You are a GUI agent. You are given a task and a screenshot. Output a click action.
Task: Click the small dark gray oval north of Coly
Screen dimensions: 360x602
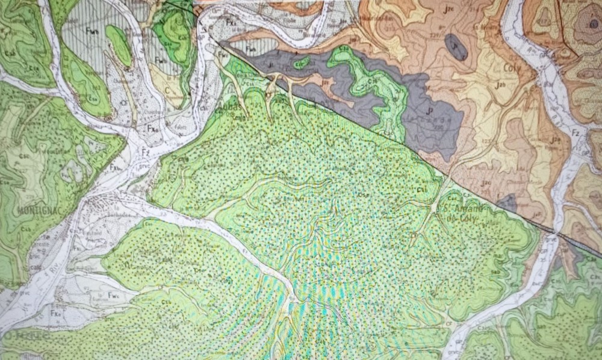point(456,46)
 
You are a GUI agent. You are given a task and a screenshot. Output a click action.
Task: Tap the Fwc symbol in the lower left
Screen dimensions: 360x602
point(113,294)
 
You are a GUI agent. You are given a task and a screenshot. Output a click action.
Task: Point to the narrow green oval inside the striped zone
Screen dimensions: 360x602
point(119,45)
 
